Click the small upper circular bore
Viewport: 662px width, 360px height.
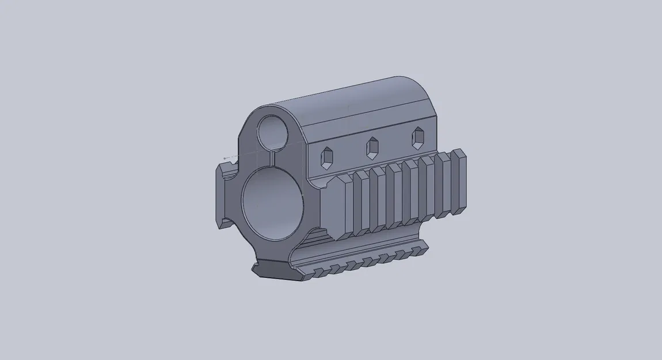pos(272,131)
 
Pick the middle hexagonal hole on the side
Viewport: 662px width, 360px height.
pos(372,147)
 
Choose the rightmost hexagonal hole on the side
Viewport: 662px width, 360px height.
pos(417,138)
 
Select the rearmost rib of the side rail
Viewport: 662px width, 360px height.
pos(459,181)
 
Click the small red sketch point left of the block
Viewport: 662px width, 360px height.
pos(225,158)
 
